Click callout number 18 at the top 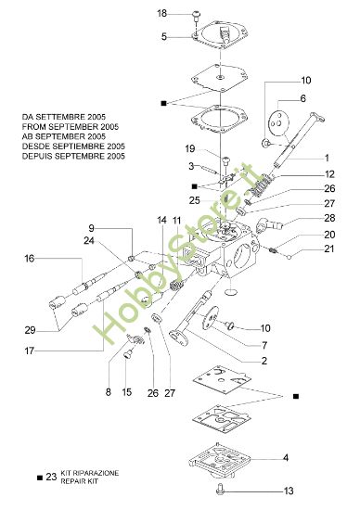tap(162, 13)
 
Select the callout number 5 tap(164, 37)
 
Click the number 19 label tap(189, 149)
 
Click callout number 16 tap(30, 259)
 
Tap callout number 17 tap(30, 351)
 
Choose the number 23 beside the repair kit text tap(50, 477)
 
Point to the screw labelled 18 tap(197, 13)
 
